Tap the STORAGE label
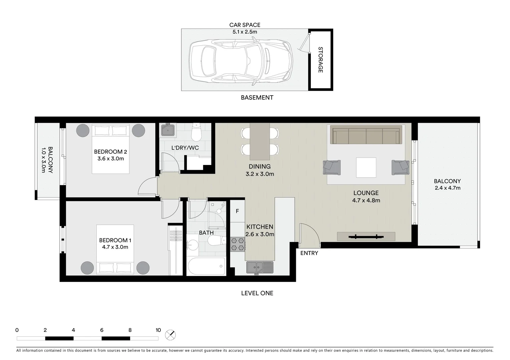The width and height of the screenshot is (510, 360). click(x=320, y=60)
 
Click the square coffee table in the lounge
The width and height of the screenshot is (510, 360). click(x=366, y=167)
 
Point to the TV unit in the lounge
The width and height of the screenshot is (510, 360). click(x=366, y=237)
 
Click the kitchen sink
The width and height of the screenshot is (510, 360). click(x=260, y=267)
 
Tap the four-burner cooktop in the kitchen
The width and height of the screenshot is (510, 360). click(x=238, y=244)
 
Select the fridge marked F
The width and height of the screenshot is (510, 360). click(x=237, y=211)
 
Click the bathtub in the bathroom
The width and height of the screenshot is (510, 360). click(x=206, y=266)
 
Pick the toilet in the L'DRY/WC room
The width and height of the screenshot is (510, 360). click(x=196, y=133)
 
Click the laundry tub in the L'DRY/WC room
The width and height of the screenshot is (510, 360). click(x=168, y=130)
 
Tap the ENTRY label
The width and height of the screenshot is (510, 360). click(x=309, y=253)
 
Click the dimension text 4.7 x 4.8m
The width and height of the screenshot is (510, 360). click(x=366, y=200)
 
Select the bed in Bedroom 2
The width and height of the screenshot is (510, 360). click(x=110, y=149)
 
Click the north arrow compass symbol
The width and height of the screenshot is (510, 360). click(x=170, y=335)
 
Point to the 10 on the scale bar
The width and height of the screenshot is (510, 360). click(x=158, y=330)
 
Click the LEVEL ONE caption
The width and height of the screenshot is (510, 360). click(x=257, y=293)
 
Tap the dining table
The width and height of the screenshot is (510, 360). click(x=260, y=141)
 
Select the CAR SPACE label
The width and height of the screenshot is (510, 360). click(x=244, y=25)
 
